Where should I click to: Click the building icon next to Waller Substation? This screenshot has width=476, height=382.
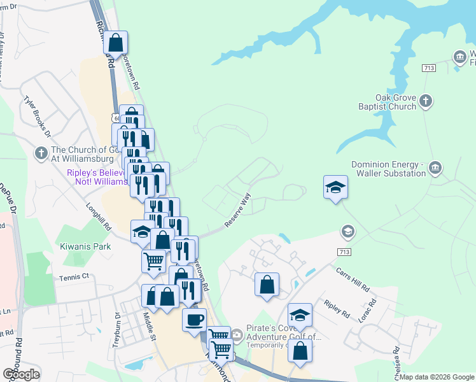coord(435,168)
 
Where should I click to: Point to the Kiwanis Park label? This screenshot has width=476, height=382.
coord(85,246)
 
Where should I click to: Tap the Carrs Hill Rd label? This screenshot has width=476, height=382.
coord(353,278)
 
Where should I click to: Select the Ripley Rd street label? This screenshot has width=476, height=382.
coord(337,309)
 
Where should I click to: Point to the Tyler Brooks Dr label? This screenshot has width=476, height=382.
coord(37,117)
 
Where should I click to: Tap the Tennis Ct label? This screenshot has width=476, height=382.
coord(74,277)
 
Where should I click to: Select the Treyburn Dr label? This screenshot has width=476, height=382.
coord(117,329)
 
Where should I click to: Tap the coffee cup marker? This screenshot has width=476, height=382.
coord(194,318)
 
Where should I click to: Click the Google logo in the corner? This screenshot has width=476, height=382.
coord(21,374)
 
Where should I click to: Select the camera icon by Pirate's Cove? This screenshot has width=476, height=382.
coord(237,334)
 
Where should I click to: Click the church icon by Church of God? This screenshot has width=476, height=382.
coord(41,153)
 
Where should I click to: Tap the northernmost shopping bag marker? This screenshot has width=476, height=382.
coord(115,43)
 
